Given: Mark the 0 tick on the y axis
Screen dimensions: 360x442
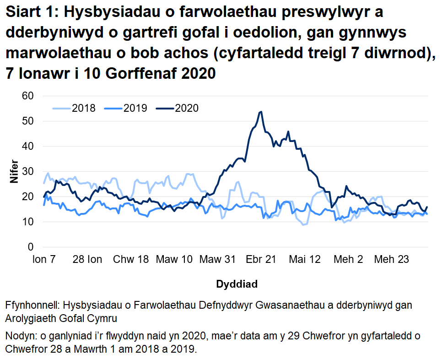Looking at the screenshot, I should click(x=32, y=247).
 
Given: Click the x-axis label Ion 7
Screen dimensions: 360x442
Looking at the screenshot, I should click(x=44, y=260).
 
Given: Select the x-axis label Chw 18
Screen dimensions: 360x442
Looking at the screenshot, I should click(x=130, y=260).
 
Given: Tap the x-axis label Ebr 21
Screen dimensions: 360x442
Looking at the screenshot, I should click(x=261, y=260).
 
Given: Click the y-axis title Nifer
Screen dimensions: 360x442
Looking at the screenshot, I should click(x=14, y=171).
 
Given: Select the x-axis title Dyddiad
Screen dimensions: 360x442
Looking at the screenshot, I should click(x=236, y=284).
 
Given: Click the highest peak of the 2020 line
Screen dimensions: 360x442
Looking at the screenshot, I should click(x=260, y=111).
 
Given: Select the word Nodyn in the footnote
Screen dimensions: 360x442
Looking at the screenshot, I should click(x=20, y=336).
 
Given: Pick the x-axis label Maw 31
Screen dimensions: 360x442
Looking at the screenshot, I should click(x=217, y=260).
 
